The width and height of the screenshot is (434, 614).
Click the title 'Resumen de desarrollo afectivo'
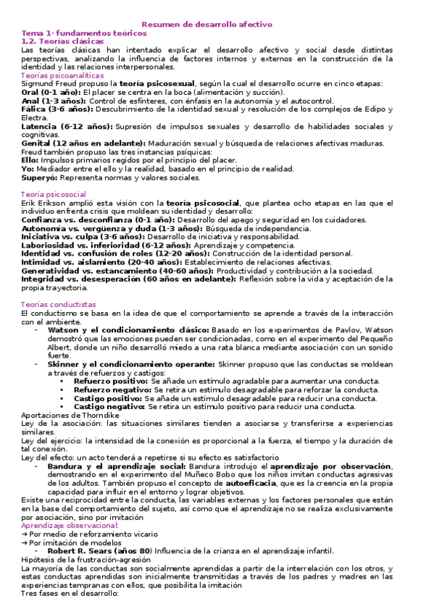[217, 24]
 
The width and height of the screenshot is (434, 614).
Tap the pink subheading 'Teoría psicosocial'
[54, 194]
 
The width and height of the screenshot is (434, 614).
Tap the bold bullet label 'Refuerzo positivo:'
[110, 380]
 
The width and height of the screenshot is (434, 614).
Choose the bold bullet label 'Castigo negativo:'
[109, 406]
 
